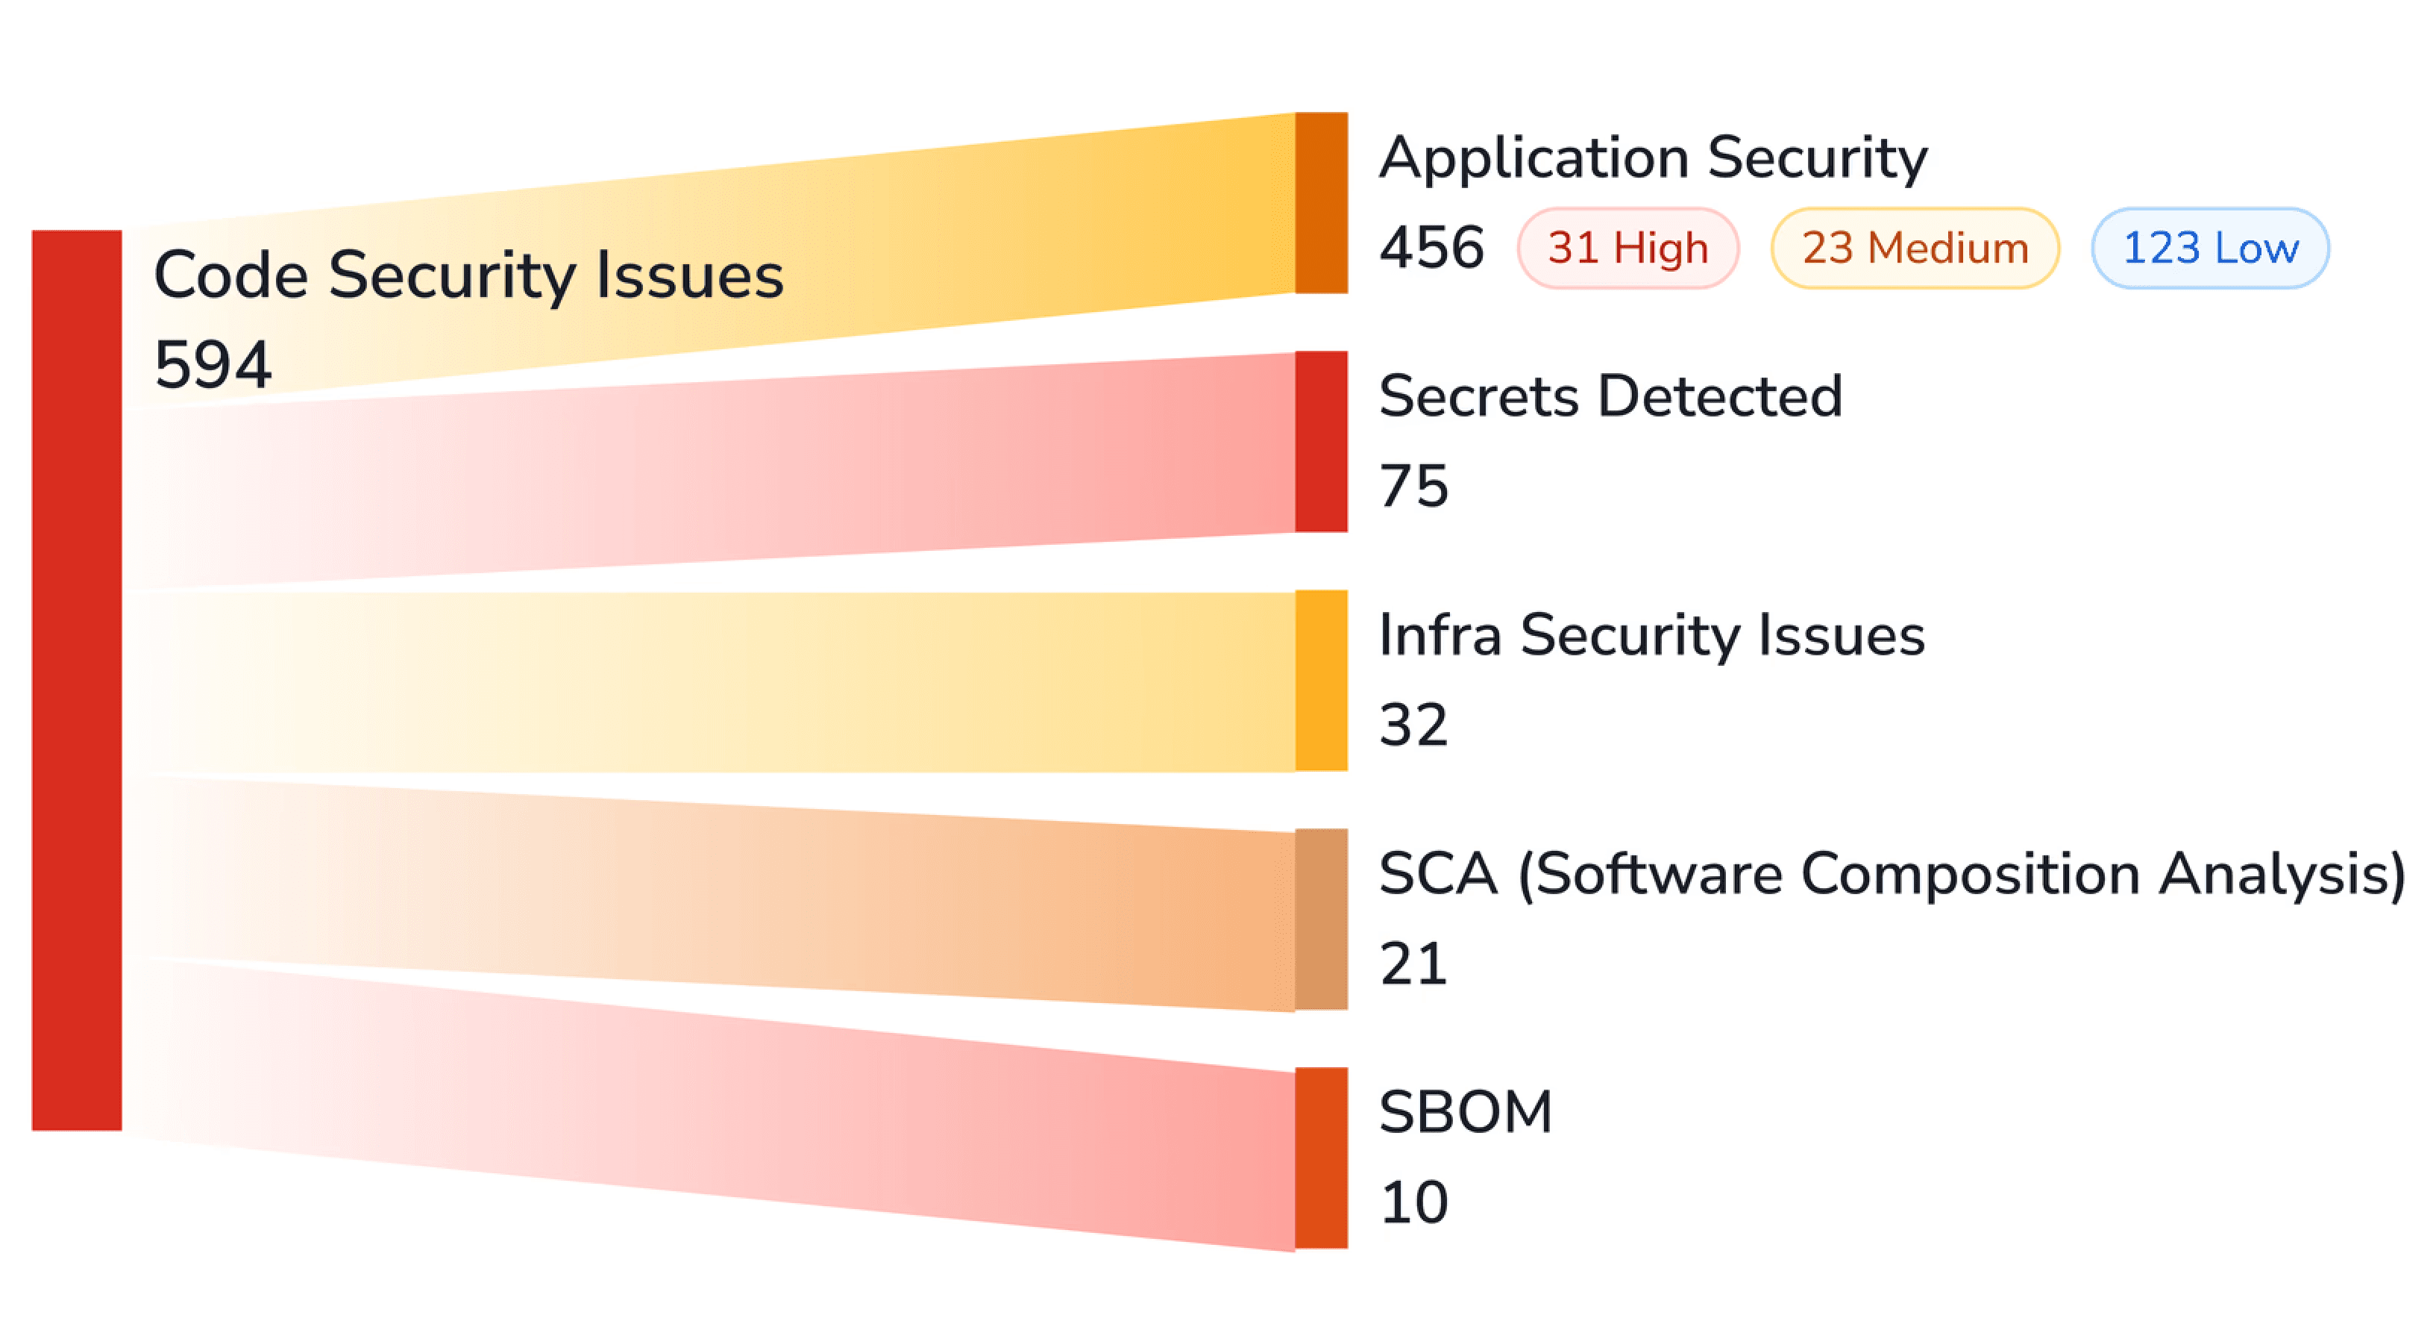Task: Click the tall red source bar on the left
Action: pos(77,679)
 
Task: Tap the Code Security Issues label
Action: pos(468,275)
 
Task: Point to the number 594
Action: pos(213,364)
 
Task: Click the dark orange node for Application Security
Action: pos(1320,202)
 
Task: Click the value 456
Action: pos(1431,248)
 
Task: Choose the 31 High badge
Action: pos(1627,248)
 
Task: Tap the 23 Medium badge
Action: pos(1914,248)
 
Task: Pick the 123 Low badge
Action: pos(2209,248)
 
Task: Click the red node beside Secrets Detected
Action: pos(1320,441)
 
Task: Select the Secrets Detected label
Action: pos(1610,396)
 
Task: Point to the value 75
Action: pos(1413,486)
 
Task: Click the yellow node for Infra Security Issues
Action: pos(1320,679)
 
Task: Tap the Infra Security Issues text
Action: pos(1651,634)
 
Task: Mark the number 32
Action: pos(1413,725)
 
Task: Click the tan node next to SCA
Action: pos(1320,919)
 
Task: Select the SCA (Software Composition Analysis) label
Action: pos(1892,873)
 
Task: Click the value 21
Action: pos(1413,964)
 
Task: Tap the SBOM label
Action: pos(1466,1111)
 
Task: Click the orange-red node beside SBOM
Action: pos(1320,1157)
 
